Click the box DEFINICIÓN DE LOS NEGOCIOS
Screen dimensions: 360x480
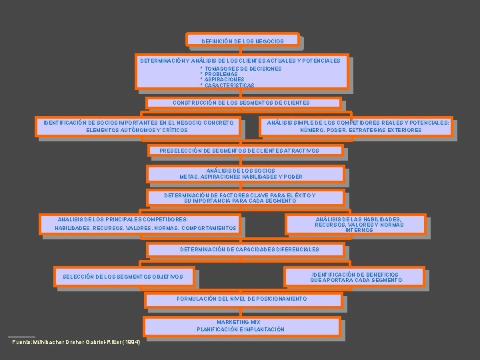(243, 41)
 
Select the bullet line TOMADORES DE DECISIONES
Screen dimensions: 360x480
(241, 69)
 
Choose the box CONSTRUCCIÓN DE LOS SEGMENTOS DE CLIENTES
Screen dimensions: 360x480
(241, 103)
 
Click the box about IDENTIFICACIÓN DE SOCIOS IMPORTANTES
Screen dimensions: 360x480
(138, 126)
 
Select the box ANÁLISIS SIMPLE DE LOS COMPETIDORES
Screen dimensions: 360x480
(358, 126)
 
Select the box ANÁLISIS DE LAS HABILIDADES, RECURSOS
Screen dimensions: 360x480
(359, 224)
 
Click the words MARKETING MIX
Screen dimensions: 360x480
(238, 322)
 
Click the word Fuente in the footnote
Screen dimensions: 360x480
(24, 343)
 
